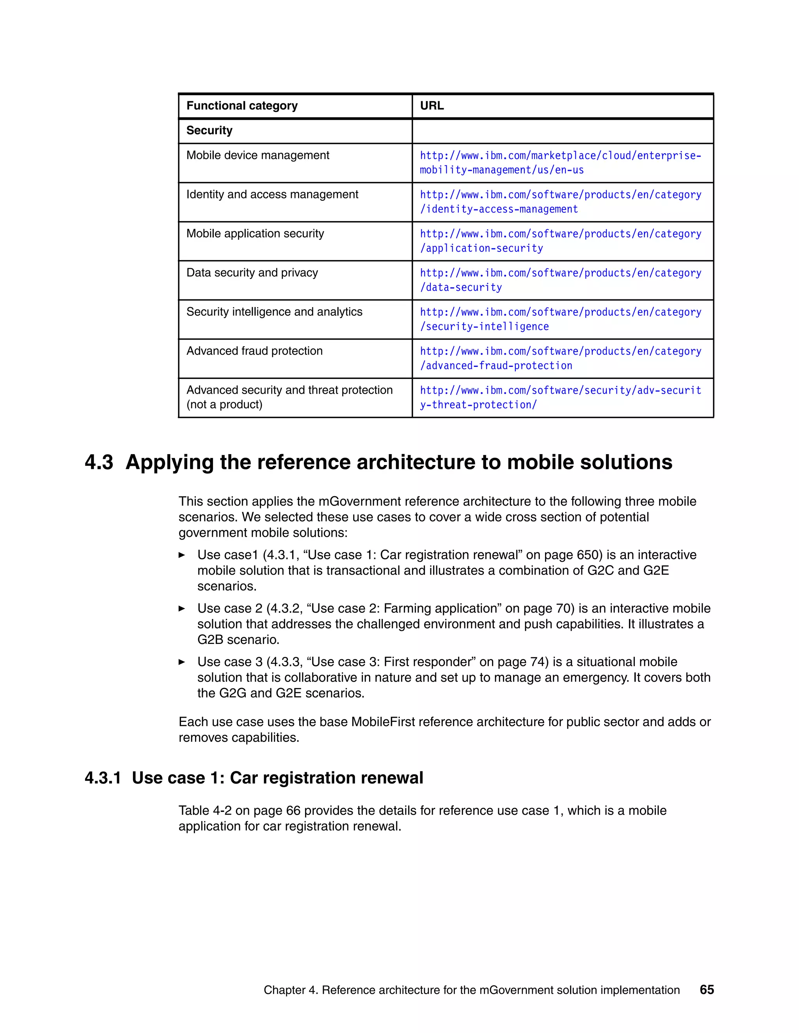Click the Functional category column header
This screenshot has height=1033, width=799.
(242, 106)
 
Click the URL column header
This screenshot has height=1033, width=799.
(432, 106)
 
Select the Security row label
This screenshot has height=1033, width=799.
(209, 131)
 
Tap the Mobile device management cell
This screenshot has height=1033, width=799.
(257, 155)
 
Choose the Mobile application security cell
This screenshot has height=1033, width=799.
(255, 233)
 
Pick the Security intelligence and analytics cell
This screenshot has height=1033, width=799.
(274, 312)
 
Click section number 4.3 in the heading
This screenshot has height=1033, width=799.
(99, 462)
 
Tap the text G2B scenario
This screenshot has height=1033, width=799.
(238, 639)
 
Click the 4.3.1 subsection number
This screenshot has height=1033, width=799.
(103, 778)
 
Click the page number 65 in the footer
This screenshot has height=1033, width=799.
(706, 989)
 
